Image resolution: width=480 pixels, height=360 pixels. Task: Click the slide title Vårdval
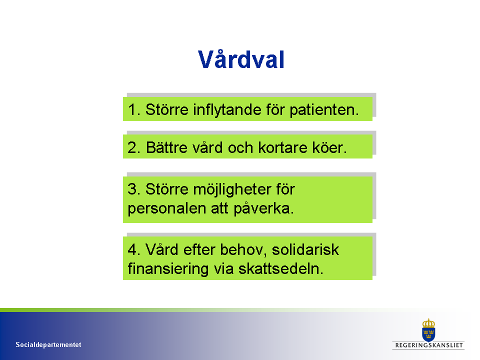[241, 59]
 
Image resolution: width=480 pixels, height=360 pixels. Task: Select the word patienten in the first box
[324, 110]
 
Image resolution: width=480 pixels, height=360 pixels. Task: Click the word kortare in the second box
[283, 147]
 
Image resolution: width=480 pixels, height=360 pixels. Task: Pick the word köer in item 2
[329, 147]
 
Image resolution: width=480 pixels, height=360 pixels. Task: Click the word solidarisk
[305, 250]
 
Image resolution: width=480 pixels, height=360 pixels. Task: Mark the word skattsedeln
[280, 269]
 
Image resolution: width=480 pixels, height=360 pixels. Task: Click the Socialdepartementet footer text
[48, 344]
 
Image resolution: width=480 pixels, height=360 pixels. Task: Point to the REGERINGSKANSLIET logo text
[428, 345]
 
